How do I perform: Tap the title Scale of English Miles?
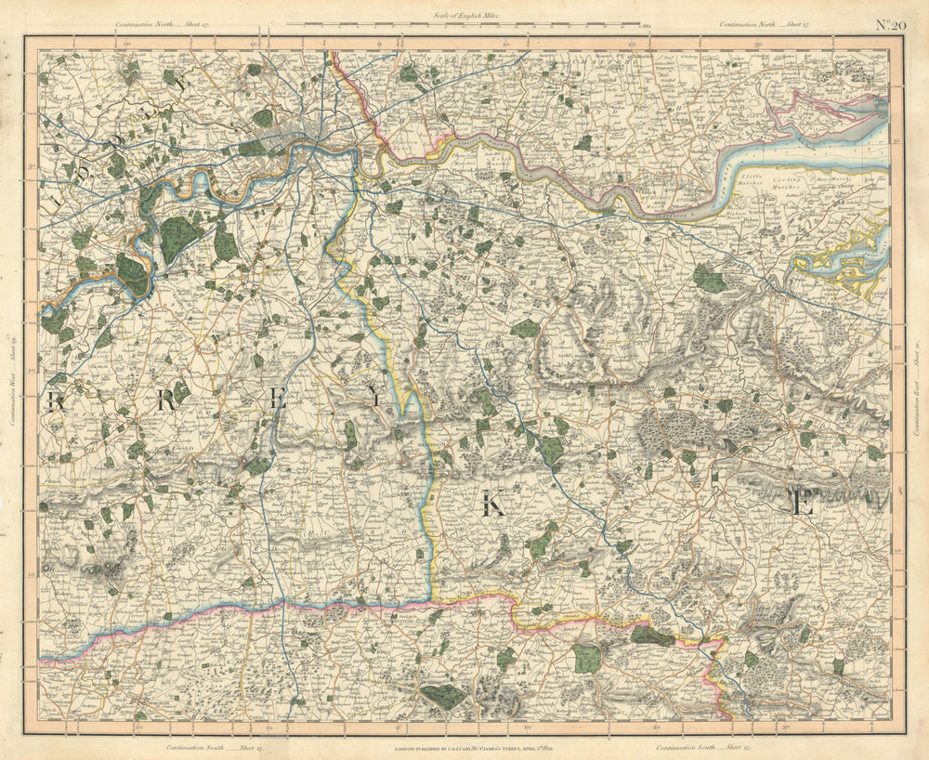click(464, 14)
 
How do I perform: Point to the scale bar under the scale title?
click(462, 23)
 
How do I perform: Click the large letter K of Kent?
click(493, 504)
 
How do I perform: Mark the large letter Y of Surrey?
click(373, 399)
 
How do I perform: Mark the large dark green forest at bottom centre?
click(444, 696)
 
